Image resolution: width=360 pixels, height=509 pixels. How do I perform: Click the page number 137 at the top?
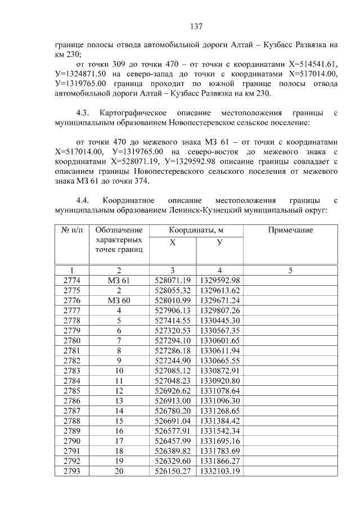click(196, 26)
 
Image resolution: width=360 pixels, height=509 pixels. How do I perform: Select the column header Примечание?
click(290, 231)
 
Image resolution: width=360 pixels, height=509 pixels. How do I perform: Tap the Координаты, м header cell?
click(196, 231)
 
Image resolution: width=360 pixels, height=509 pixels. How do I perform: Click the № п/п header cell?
click(72, 231)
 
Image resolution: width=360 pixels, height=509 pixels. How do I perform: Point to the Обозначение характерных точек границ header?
click(119, 240)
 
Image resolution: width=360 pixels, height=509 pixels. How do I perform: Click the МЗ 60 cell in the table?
click(119, 301)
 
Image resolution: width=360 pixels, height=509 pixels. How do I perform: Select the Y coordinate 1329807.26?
click(219, 311)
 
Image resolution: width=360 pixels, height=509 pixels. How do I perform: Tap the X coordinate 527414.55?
click(173, 321)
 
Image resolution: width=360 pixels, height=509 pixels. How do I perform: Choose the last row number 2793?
click(72, 471)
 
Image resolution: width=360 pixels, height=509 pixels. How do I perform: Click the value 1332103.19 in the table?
click(219, 471)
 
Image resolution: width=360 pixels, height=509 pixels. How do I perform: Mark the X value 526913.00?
click(173, 400)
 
